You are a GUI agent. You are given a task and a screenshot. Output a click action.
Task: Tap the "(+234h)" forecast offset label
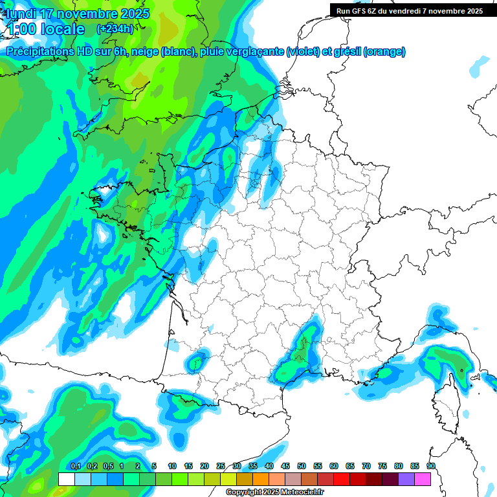coord(115,28)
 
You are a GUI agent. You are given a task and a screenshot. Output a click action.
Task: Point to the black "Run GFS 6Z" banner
coord(410,10)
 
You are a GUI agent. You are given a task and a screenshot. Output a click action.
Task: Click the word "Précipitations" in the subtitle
coord(41,52)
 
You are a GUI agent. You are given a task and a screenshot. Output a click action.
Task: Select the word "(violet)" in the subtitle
coord(304,52)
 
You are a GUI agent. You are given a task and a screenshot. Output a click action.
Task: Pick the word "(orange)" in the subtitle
coord(384,52)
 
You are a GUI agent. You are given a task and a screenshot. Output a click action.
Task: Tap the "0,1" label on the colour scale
coord(76,467)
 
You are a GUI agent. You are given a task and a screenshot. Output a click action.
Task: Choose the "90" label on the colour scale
coord(431,467)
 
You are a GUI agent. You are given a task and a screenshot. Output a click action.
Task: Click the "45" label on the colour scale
coord(285,467)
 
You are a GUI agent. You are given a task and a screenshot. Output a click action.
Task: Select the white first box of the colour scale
coord(66,479)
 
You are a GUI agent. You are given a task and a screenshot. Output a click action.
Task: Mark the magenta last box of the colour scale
coord(423,479)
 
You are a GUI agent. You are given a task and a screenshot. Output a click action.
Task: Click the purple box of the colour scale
coord(406,479)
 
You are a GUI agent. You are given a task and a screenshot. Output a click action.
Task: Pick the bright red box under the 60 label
coord(342,479)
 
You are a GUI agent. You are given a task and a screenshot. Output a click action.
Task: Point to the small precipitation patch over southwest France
coord(197,359)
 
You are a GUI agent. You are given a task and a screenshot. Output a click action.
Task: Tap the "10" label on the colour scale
coord(172,467)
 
